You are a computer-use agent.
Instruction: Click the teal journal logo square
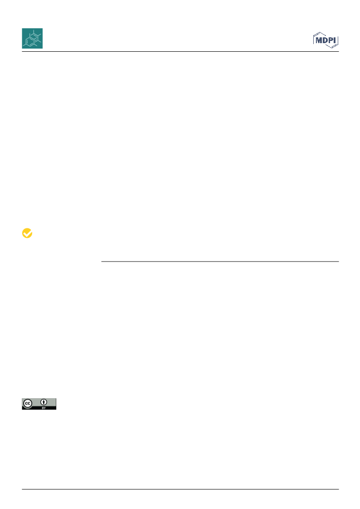[32, 38]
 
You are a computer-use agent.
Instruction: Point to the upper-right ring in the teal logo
[36, 36]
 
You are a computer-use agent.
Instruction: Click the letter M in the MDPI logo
[319, 40]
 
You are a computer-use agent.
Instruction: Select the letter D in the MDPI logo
[325, 40]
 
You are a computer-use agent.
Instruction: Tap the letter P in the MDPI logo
[330, 40]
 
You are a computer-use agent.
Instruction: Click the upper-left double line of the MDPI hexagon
[317, 34]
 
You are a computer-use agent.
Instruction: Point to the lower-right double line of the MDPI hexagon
[335, 46]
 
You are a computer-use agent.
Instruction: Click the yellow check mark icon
[27, 233]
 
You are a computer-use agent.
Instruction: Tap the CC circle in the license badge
[28, 404]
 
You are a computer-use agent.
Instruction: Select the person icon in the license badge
[44, 402]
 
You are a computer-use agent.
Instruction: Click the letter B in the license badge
[43, 408]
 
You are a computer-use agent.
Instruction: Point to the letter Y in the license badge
[45, 408]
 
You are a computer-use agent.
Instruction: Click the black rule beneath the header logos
[180, 52]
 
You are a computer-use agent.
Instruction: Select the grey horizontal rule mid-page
[220, 262]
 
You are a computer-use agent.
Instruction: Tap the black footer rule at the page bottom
[180, 489]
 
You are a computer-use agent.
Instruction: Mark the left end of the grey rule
[101, 262]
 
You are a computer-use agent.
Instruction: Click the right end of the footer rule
[339, 489]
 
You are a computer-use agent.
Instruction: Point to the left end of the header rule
[22, 52]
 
